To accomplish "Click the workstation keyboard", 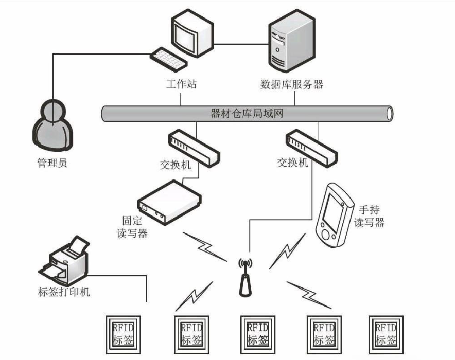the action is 169,60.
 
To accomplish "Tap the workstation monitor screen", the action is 184,36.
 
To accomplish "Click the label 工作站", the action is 181,84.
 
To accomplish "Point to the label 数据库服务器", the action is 292,84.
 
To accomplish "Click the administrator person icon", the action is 52,125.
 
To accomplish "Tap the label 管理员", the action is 52,163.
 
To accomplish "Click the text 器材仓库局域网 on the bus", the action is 247,113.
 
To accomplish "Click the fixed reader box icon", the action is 169,202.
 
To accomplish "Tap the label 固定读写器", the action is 132,227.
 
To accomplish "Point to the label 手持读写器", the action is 369,216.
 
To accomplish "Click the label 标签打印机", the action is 64,292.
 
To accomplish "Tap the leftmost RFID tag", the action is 123,335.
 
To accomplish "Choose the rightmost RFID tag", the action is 386,335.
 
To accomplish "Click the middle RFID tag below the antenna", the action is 258,335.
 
